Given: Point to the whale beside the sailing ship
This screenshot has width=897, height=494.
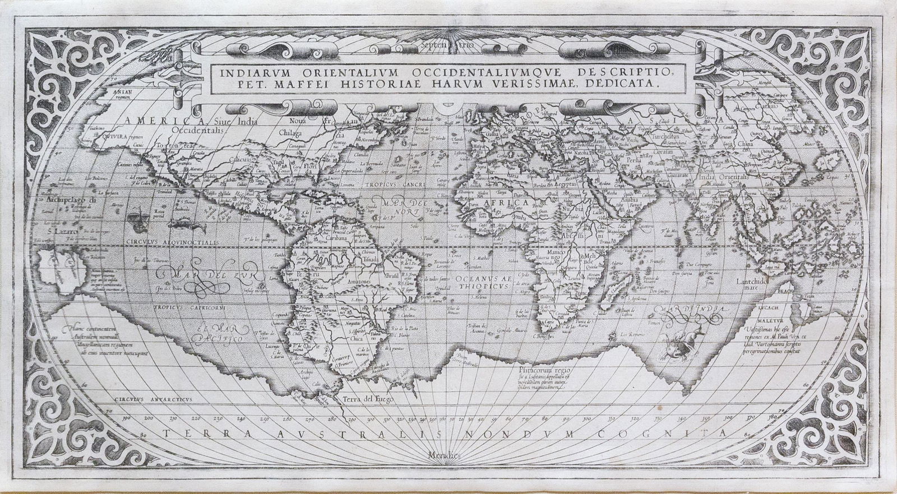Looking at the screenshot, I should (182, 225).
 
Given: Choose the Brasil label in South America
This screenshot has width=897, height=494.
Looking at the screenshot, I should (390, 276).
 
